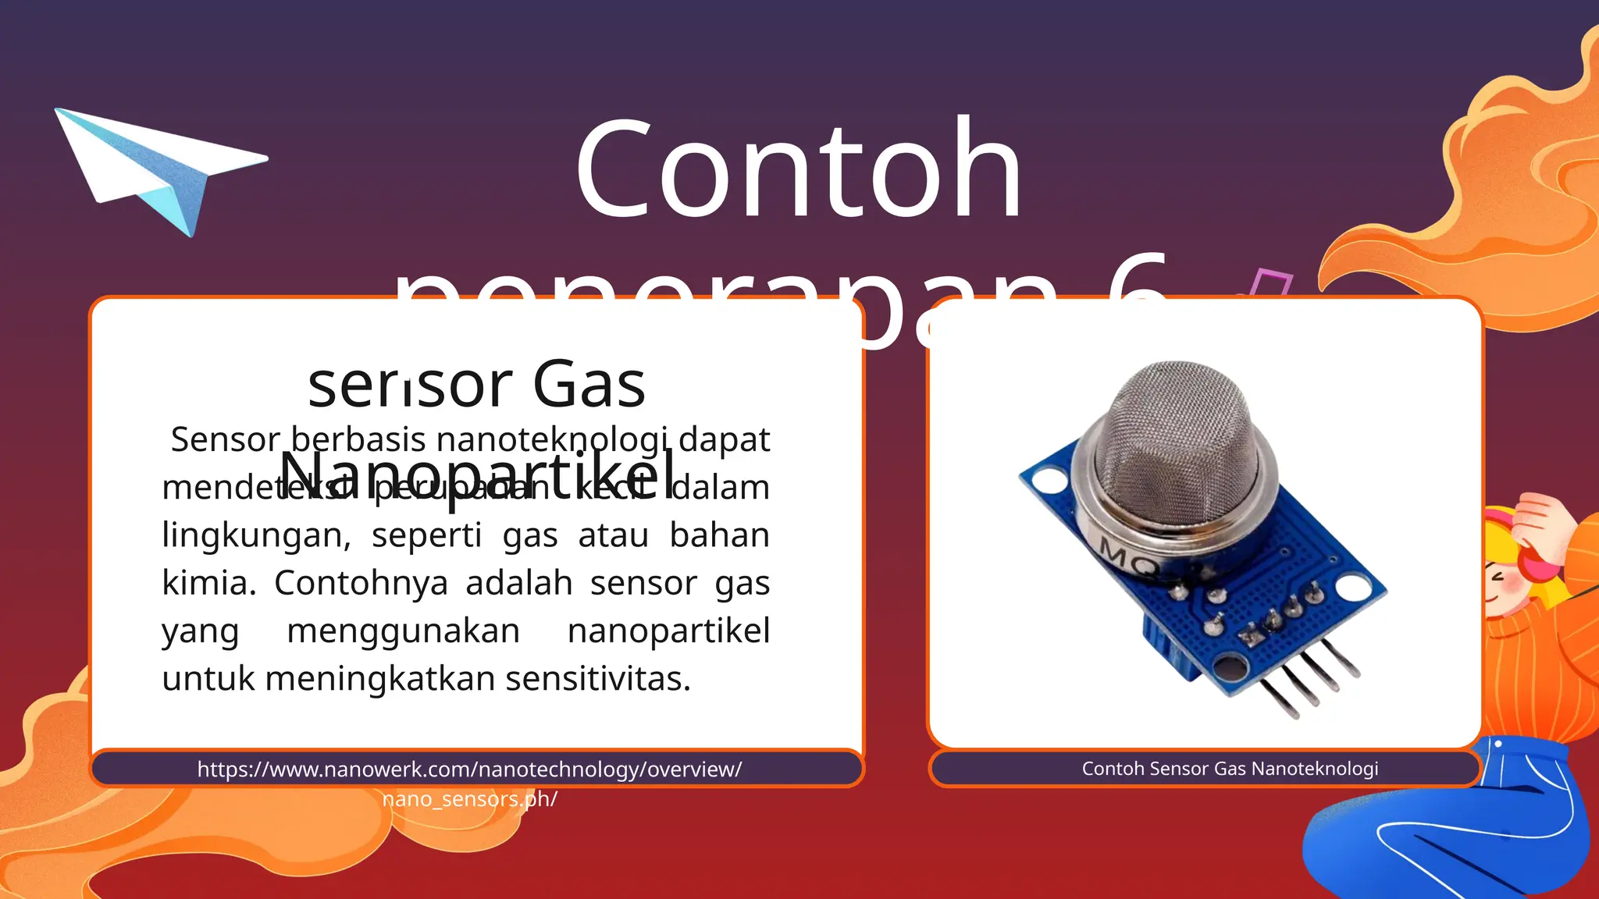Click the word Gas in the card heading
pyautogui.click(x=589, y=384)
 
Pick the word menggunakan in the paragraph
pyautogui.click(x=403, y=631)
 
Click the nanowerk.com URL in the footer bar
pyautogui.click(x=469, y=769)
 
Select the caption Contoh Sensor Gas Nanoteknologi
pyautogui.click(x=1230, y=769)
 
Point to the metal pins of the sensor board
pyautogui.click(x=1312, y=687)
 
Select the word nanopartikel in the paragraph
pyautogui.click(x=668, y=631)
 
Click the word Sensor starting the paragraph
pyautogui.click(x=225, y=439)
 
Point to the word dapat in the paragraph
pyautogui.click(x=724, y=439)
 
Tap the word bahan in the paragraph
pyautogui.click(x=719, y=536)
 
